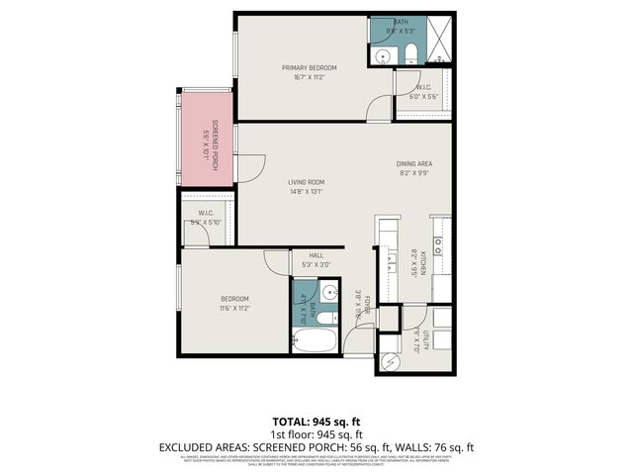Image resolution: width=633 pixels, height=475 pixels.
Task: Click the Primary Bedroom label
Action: [x=309, y=67]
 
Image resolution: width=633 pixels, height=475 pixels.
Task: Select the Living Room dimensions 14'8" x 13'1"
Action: [x=307, y=192]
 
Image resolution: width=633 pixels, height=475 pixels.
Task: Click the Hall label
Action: [x=316, y=255]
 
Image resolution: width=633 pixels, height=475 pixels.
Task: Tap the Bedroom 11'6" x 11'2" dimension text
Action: [x=234, y=308]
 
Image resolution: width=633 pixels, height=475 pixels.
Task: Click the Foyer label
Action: [x=366, y=303]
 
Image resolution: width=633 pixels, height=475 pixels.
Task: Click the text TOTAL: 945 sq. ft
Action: [x=316, y=421]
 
